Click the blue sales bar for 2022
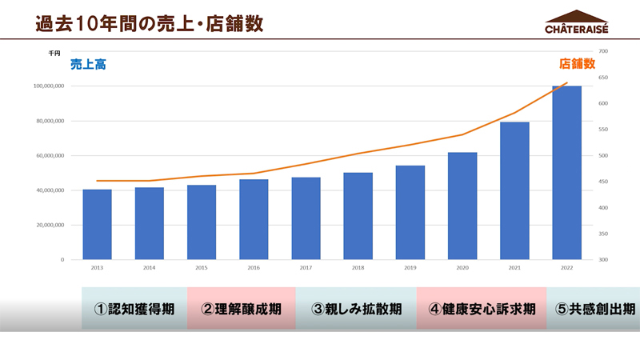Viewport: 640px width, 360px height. [566, 172]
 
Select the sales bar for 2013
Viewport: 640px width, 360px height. [97, 224]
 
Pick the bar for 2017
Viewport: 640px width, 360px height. [306, 218]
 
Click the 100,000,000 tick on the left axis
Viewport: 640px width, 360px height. [49, 86]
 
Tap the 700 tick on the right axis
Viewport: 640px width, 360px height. [603, 51]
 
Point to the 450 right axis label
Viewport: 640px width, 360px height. [603, 182]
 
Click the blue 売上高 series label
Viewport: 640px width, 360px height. [88, 65]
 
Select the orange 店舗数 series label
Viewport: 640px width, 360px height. [577, 63]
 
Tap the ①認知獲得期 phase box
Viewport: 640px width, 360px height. [134, 308]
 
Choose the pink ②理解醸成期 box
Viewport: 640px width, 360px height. [241, 308]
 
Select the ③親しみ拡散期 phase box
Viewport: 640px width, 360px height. [356, 308]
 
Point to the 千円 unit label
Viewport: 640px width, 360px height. [54, 52]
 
